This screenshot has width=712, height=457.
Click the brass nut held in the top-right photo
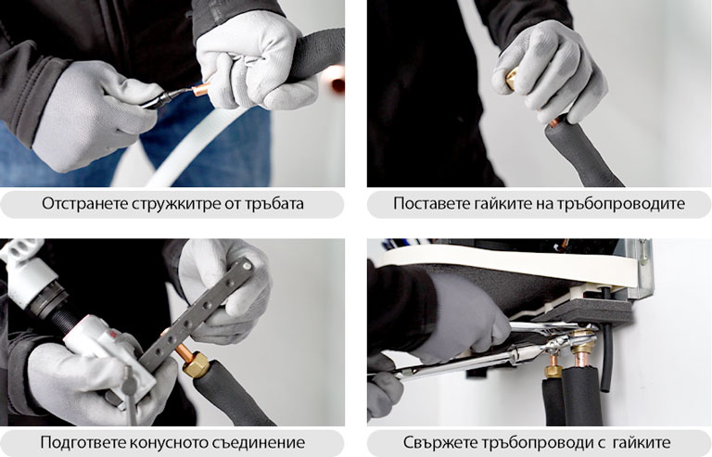pyautogui.click(x=507, y=82)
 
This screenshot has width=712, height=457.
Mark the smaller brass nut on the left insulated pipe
pyautogui.click(x=553, y=369)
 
